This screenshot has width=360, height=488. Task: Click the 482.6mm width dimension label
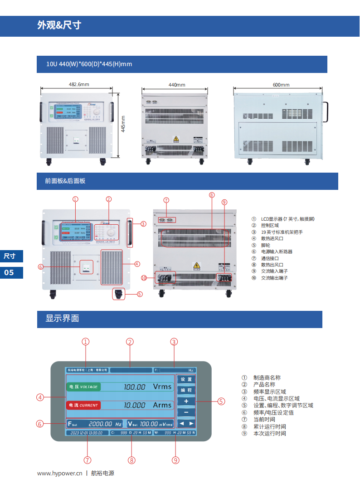pyautogui.click(x=79, y=84)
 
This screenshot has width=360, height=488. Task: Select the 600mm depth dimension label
pyautogui.click(x=281, y=85)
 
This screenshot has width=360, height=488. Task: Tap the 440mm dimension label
pyautogui.click(x=177, y=85)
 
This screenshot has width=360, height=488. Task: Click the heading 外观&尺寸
pyautogui.click(x=59, y=25)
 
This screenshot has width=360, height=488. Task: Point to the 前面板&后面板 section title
pyautogui.click(x=65, y=181)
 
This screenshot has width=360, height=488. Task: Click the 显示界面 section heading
pyautogui.click(x=62, y=318)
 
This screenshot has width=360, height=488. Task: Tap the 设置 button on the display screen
pyautogui.click(x=186, y=379)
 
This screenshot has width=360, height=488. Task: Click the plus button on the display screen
pyautogui.click(x=186, y=401)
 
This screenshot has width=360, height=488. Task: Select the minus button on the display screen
pyautogui.click(x=186, y=412)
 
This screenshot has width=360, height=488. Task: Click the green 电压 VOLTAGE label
pyautogui.click(x=83, y=387)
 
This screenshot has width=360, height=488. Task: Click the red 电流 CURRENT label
pyautogui.click(x=83, y=405)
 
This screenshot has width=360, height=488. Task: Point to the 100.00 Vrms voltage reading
pyautogui.click(x=148, y=387)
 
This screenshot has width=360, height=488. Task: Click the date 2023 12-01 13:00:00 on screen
pyautogui.click(x=85, y=433)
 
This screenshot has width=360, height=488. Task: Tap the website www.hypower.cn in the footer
pyautogui.click(x=59, y=473)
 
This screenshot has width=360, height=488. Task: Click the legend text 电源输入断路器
pyautogui.click(x=277, y=251)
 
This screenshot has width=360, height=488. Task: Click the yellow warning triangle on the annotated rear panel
pyautogui.click(x=197, y=266)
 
